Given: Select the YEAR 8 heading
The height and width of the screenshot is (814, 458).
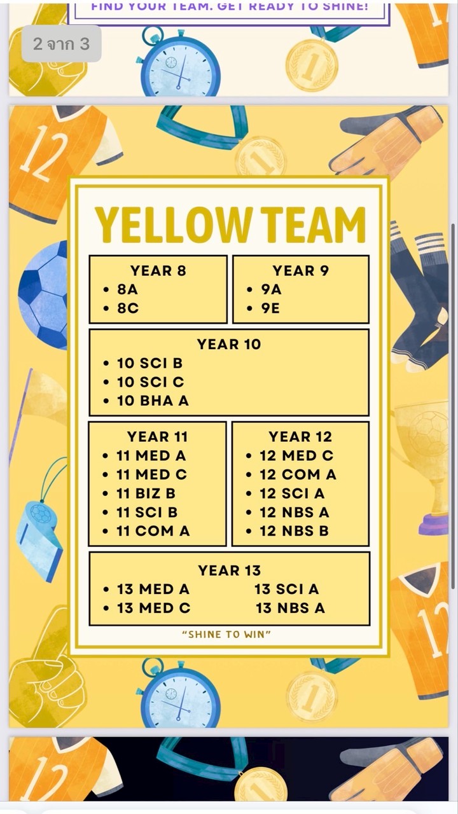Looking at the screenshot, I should pyautogui.click(x=158, y=271).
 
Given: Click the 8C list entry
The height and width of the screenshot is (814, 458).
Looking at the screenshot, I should pyautogui.click(x=127, y=308).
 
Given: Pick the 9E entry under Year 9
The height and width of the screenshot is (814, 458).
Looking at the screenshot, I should pyautogui.click(x=270, y=308).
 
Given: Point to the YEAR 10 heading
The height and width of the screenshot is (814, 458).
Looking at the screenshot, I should pyautogui.click(x=229, y=344).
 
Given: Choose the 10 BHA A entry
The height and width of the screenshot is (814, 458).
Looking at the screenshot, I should pyautogui.click(x=153, y=401).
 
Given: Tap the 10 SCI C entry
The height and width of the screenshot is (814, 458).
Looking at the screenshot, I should pyautogui.click(x=150, y=382).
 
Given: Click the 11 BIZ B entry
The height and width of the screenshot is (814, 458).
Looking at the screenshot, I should pyautogui.click(x=146, y=493).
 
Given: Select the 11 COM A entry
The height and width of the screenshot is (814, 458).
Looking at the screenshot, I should pyautogui.click(x=153, y=531).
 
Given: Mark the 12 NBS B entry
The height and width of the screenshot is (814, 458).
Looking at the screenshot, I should pyautogui.click(x=294, y=531).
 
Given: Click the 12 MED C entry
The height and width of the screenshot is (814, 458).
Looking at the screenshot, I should pyautogui.click(x=296, y=456).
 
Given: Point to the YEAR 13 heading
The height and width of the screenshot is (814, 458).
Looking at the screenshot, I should pyautogui.click(x=229, y=570).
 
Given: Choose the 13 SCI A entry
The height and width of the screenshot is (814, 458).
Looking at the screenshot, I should pyautogui.click(x=287, y=590).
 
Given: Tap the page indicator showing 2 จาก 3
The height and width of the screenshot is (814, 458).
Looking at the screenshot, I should pyautogui.click(x=61, y=44).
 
